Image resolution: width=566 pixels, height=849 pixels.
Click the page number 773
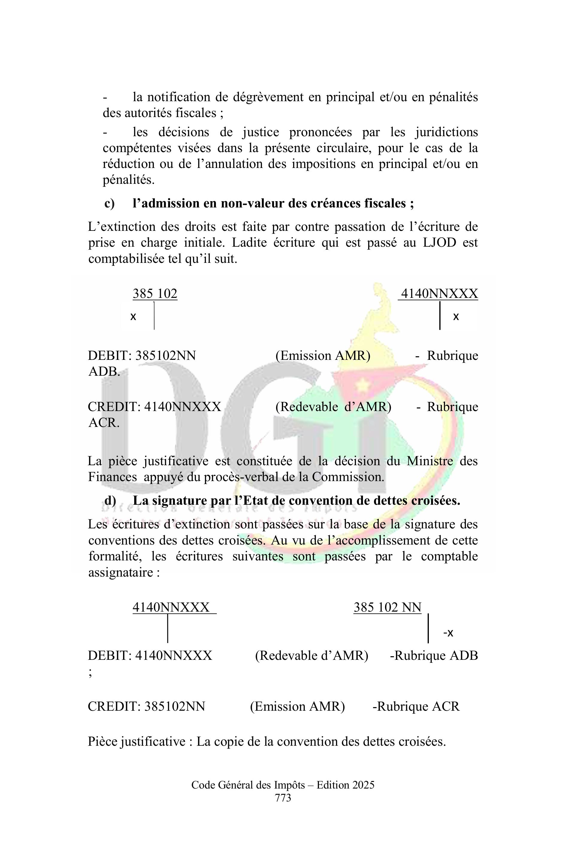[x=283, y=798]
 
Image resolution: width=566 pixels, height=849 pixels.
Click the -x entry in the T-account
[x=448, y=633]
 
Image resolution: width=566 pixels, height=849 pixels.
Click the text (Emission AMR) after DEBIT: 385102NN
[x=323, y=356]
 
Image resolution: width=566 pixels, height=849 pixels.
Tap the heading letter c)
[x=109, y=204]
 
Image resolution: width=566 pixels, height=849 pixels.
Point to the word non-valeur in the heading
[x=252, y=204]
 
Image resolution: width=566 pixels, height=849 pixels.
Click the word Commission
[x=348, y=477]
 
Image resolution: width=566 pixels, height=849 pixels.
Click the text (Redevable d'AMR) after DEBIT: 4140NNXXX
[x=311, y=655]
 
